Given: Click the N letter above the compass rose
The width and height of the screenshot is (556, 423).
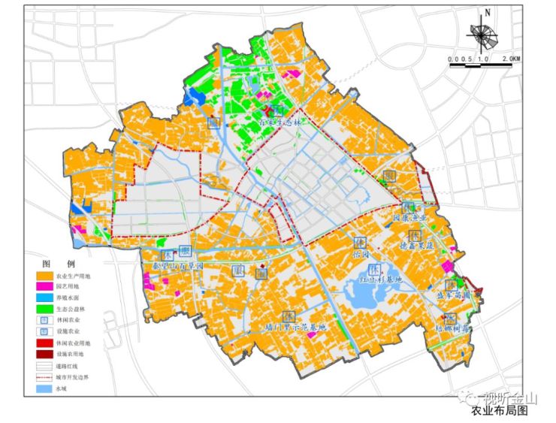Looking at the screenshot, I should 488,13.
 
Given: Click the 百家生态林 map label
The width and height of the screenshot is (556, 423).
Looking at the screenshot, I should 258,122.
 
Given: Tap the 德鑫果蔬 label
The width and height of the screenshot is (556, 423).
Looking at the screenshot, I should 415,245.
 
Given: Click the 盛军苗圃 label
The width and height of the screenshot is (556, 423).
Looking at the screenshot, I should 455,297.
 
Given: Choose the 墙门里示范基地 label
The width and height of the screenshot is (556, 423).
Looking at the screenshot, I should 296,328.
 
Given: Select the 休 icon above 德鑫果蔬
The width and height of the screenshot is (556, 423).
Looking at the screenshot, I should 415,235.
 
